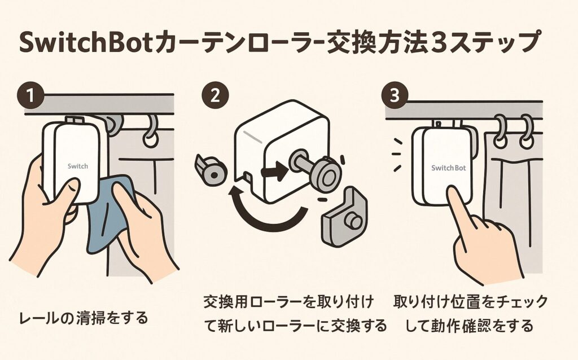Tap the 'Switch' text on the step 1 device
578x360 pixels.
tap(77, 166)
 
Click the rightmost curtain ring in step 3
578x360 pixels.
tap(526, 131)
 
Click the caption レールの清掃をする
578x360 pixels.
tap(83, 318)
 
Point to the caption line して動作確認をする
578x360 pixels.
tap(469, 326)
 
